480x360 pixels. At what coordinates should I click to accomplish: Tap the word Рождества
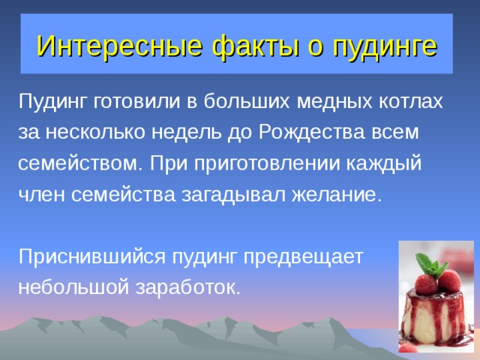coord(305,132)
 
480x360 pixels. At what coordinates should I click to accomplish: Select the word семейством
coord(77,163)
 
